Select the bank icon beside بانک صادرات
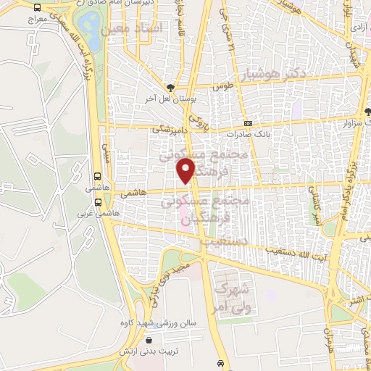(x=248, y=123)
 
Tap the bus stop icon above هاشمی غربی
(x=98, y=176)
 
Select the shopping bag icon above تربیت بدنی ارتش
(x=149, y=340)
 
